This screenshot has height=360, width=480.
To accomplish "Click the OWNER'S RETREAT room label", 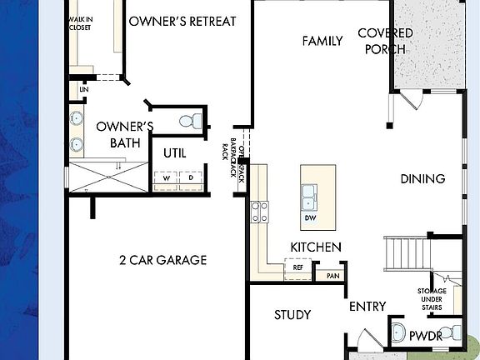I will (182, 21).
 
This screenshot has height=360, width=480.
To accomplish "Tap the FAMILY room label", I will (322, 41).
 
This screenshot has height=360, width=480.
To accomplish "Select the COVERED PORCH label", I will (385, 41).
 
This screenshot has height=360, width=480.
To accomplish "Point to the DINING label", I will (422, 178).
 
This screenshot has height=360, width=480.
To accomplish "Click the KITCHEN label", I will (315, 247).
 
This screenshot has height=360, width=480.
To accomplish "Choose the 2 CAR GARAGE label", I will (162, 260).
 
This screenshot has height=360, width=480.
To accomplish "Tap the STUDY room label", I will (292, 315).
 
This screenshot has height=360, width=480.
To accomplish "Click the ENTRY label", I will (367, 307).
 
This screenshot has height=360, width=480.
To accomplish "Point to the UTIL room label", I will (174, 153).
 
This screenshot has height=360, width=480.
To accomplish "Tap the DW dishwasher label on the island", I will (309, 218).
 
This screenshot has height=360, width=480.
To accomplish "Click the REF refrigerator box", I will (297, 269).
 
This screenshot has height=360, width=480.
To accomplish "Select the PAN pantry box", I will (332, 274).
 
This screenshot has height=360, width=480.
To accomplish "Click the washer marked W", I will (167, 177).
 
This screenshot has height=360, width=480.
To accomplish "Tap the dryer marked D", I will (190, 177).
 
